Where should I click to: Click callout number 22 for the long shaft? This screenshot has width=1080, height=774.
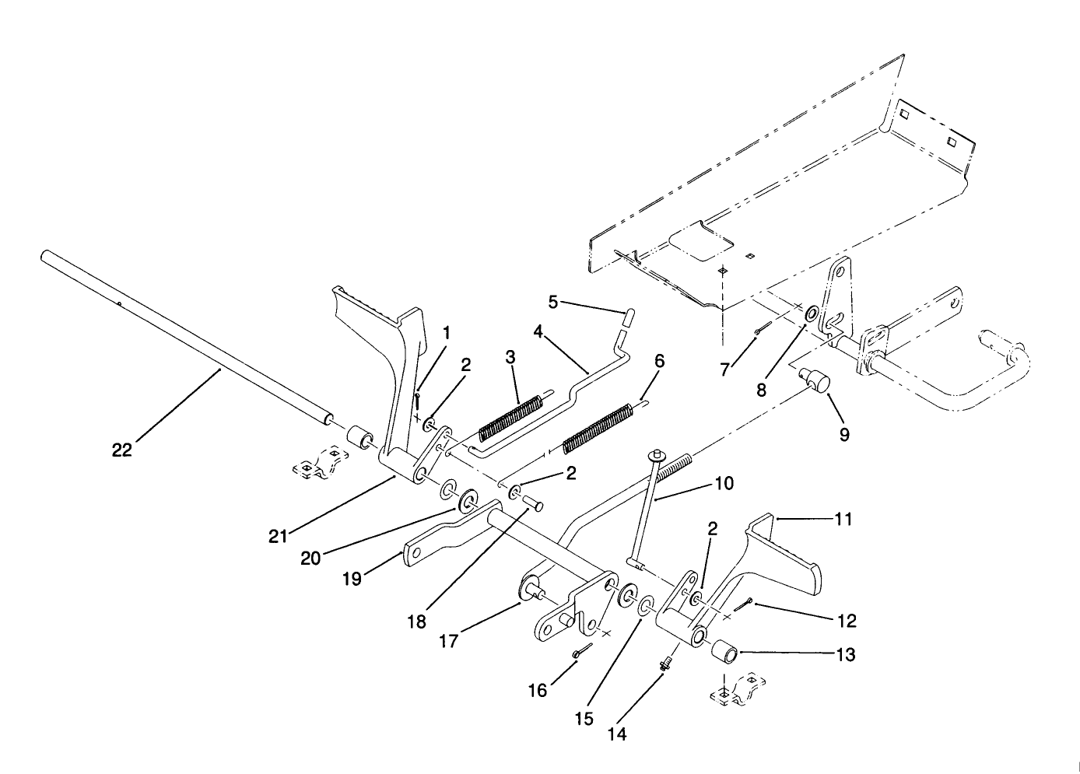point(122,450)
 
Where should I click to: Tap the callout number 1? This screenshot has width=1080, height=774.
point(447,333)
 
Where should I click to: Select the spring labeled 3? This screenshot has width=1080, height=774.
point(510,418)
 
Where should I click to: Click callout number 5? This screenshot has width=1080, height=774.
point(553,301)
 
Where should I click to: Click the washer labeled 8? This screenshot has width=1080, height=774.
point(810,314)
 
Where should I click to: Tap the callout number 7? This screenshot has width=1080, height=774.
point(724,369)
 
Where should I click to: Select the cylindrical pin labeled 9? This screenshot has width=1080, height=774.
point(819,382)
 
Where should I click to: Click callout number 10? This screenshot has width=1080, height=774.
point(723,484)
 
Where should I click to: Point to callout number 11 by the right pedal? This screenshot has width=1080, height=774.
point(843,519)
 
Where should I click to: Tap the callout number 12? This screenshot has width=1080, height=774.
point(847,620)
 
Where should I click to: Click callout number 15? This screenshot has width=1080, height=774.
point(584,718)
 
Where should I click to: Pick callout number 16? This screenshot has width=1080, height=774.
point(538,690)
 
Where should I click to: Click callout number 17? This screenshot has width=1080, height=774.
point(448,640)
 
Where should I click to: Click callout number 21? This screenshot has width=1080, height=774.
point(352,579)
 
